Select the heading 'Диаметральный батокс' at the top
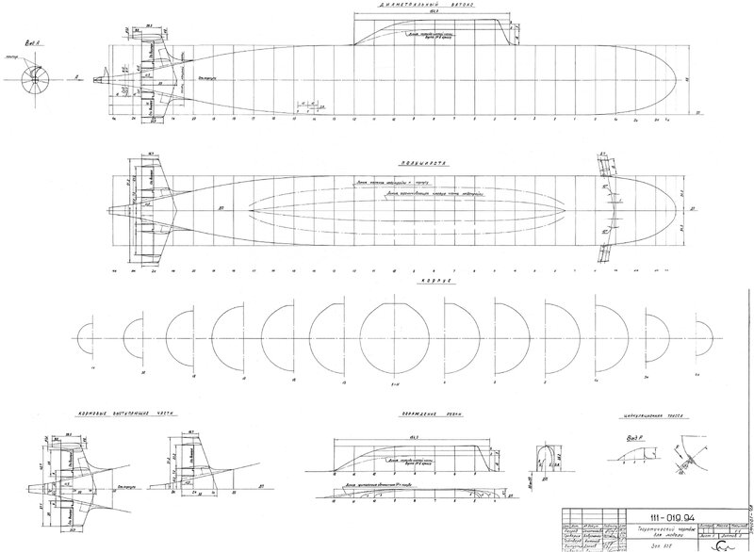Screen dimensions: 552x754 pyautogui.click(x=426, y=5)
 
